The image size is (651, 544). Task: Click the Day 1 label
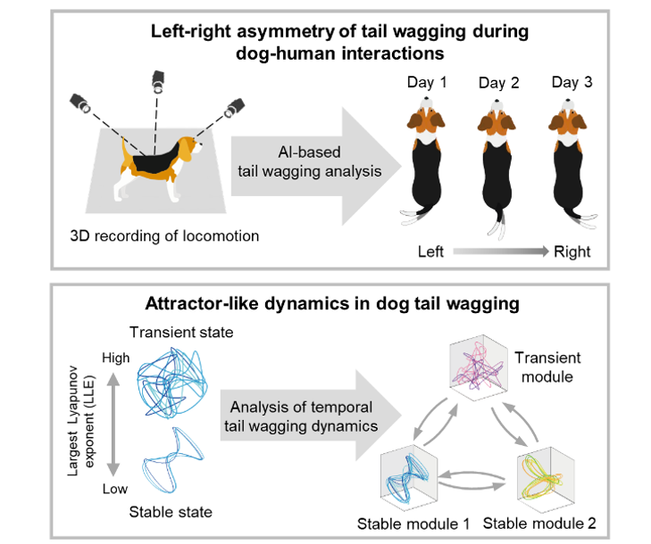pos(426,83)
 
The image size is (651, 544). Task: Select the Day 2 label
pos(498,83)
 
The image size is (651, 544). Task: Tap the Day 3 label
pos(571,83)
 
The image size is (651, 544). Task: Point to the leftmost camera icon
pos(82,103)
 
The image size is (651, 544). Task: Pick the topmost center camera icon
pos(157,81)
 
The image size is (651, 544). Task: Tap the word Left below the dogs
pos(431,252)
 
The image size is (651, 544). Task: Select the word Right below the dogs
pos(572,252)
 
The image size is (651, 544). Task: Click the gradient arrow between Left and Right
pos(501,252)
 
